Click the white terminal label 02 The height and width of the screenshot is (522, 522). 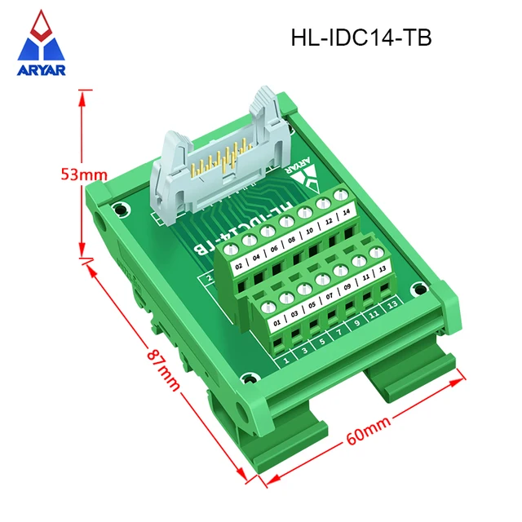(239, 266)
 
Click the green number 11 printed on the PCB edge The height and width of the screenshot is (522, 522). (375, 313)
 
